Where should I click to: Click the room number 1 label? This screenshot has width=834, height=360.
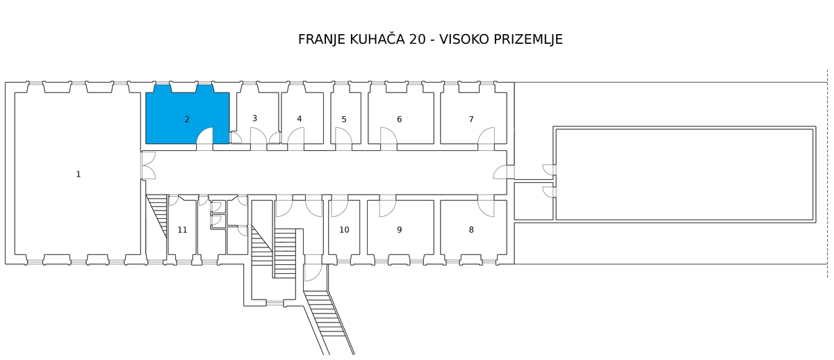(x=78, y=174)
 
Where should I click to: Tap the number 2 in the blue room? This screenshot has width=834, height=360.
(x=187, y=119)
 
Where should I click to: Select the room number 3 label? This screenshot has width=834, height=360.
(x=254, y=118)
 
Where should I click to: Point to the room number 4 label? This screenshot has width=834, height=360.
(x=300, y=119)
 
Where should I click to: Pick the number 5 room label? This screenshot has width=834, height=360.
(x=344, y=120)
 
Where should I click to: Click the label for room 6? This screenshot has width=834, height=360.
(x=400, y=119)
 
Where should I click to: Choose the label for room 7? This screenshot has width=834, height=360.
(x=471, y=119)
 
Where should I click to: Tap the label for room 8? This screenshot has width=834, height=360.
(x=471, y=230)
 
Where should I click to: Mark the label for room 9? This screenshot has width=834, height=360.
(x=400, y=230)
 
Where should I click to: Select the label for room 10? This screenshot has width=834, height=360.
(x=345, y=230)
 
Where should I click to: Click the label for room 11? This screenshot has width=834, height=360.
(x=182, y=230)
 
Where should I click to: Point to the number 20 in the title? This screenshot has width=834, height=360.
(x=418, y=40)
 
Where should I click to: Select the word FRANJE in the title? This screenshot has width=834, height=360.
(x=322, y=40)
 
